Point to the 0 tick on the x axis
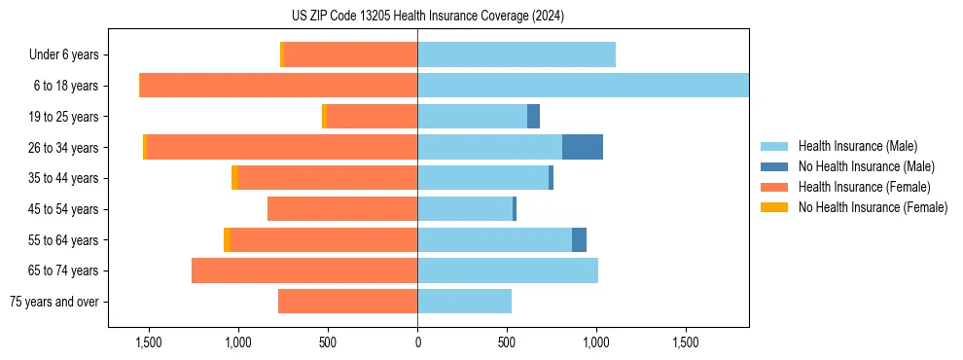tap(417, 342)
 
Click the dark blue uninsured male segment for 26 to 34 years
tap(583, 147)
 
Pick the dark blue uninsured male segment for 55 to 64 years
tap(579, 239)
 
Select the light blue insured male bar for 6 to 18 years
tap(583, 86)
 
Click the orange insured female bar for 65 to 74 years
tap(304, 270)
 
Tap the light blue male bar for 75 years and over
tap(464, 302)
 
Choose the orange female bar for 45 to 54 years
tap(342, 209)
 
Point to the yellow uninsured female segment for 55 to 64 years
tap(227, 239)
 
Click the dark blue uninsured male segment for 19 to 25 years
tap(533, 117)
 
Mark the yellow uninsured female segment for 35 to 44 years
tap(234, 178)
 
